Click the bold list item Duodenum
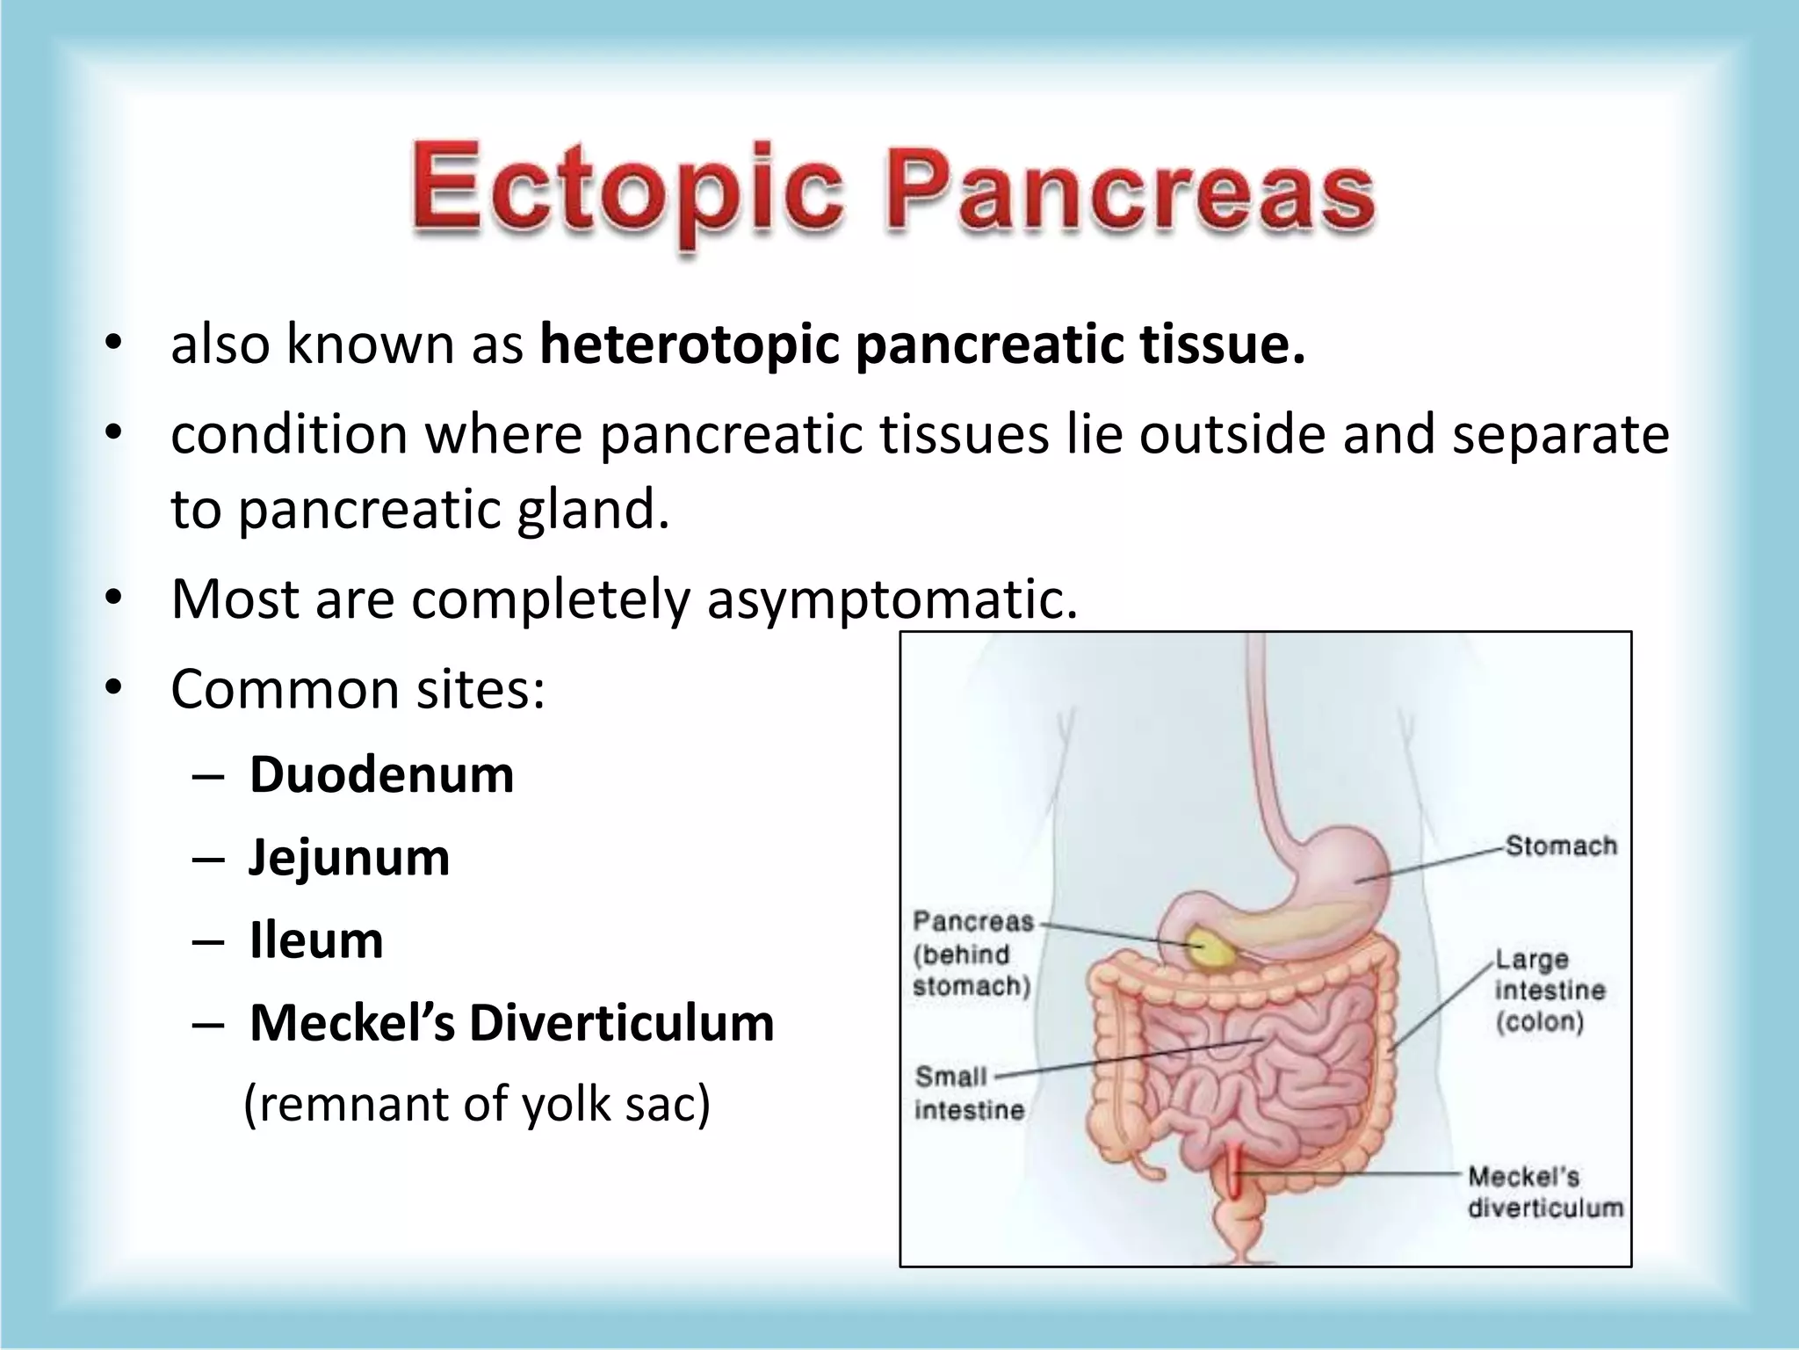(x=381, y=775)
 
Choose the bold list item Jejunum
(x=349, y=858)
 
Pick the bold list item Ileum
(x=316, y=940)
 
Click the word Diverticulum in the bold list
(x=621, y=1023)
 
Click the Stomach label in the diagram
(x=1561, y=846)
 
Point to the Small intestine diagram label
(x=968, y=1093)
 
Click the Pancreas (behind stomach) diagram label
(x=972, y=954)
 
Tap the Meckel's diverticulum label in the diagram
(x=1545, y=1192)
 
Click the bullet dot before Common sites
(x=112, y=689)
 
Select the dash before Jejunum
(x=206, y=859)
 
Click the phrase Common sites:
(x=358, y=689)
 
